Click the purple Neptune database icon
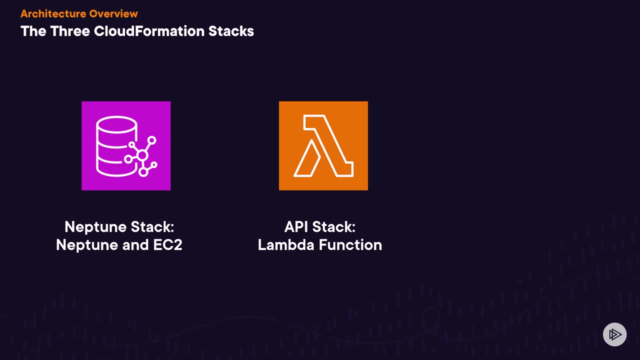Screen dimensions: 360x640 pyautogui.click(x=126, y=145)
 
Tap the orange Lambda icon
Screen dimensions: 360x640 pyautogui.click(x=323, y=145)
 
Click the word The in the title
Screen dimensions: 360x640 pyautogui.click(x=33, y=31)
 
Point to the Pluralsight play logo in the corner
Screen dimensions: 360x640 pyautogui.click(x=614, y=334)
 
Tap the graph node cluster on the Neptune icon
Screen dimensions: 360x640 pyautogui.click(x=143, y=155)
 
